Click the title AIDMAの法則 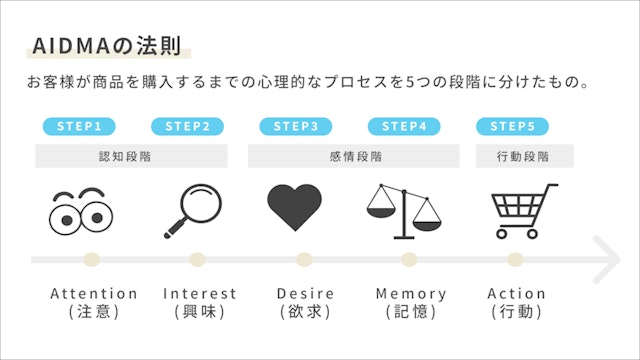(x=108, y=46)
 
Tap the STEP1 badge (x=78, y=126)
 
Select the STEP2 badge (x=187, y=126)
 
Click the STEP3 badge (x=295, y=126)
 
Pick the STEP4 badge (x=404, y=126)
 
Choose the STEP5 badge (x=512, y=126)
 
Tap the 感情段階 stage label (x=354, y=156)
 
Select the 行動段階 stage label (x=522, y=156)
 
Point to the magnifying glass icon (x=190, y=210)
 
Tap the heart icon (x=294, y=208)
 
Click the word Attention (x=94, y=294)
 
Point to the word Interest (x=200, y=294)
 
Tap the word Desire (x=306, y=294)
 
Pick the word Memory (x=411, y=294)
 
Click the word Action (x=516, y=294)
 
